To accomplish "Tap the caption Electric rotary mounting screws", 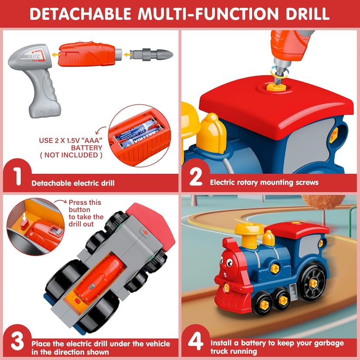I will [x=264, y=182].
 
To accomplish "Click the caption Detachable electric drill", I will [x=73, y=183].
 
